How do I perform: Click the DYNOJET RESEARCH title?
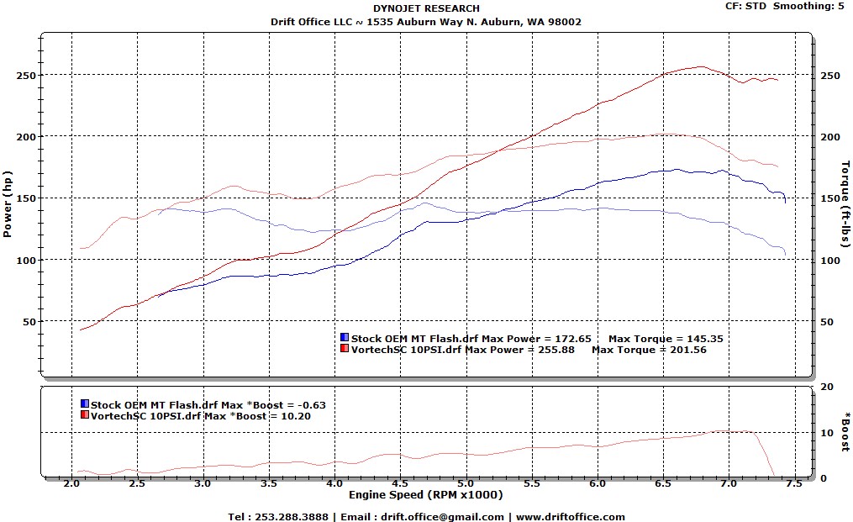tap(426, 8)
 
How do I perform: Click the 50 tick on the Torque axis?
tap(827, 322)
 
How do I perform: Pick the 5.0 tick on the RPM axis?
tap(466, 485)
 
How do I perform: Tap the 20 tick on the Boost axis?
tap(827, 387)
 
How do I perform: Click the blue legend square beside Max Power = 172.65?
tap(345, 339)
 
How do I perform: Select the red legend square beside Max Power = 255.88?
tap(345, 349)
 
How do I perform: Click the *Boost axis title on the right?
tap(844, 431)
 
